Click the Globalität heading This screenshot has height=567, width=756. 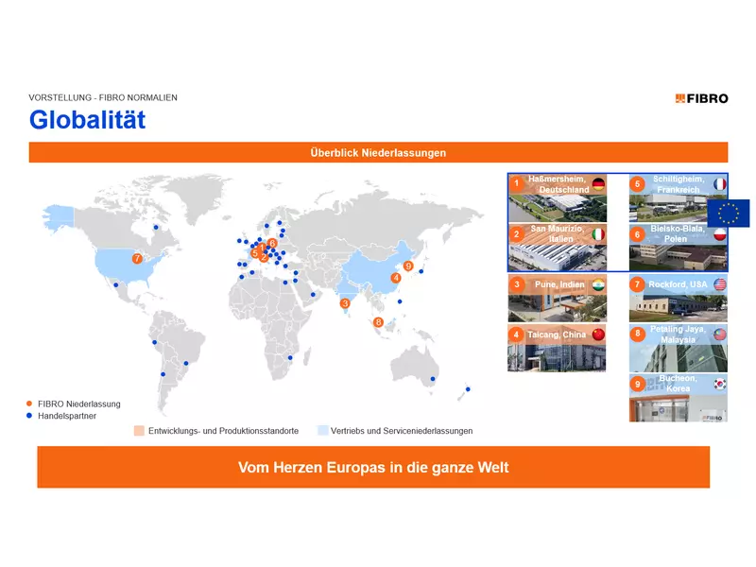(87, 120)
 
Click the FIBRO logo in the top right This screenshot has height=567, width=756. (701, 98)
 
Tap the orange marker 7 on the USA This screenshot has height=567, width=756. (137, 258)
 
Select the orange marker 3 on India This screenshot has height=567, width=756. (345, 303)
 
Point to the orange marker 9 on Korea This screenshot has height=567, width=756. (408, 266)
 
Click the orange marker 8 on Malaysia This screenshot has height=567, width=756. (378, 322)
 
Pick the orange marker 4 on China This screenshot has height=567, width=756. (396, 278)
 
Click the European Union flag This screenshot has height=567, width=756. (728, 214)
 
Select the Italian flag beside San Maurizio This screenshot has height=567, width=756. (597, 233)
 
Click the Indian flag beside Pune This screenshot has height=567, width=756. (597, 284)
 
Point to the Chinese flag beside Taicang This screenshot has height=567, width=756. (597, 335)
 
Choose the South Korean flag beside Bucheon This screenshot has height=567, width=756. (719, 385)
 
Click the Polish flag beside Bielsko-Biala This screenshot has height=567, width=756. (719, 233)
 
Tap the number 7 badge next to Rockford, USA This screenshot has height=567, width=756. (638, 284)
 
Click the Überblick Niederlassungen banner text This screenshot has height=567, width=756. (378, 152)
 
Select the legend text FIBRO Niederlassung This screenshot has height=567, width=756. (79, 404)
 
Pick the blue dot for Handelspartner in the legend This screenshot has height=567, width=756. (30, 415)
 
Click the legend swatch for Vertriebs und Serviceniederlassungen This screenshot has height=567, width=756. (322, 431)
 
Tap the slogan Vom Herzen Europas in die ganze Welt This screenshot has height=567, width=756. (373, 468)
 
